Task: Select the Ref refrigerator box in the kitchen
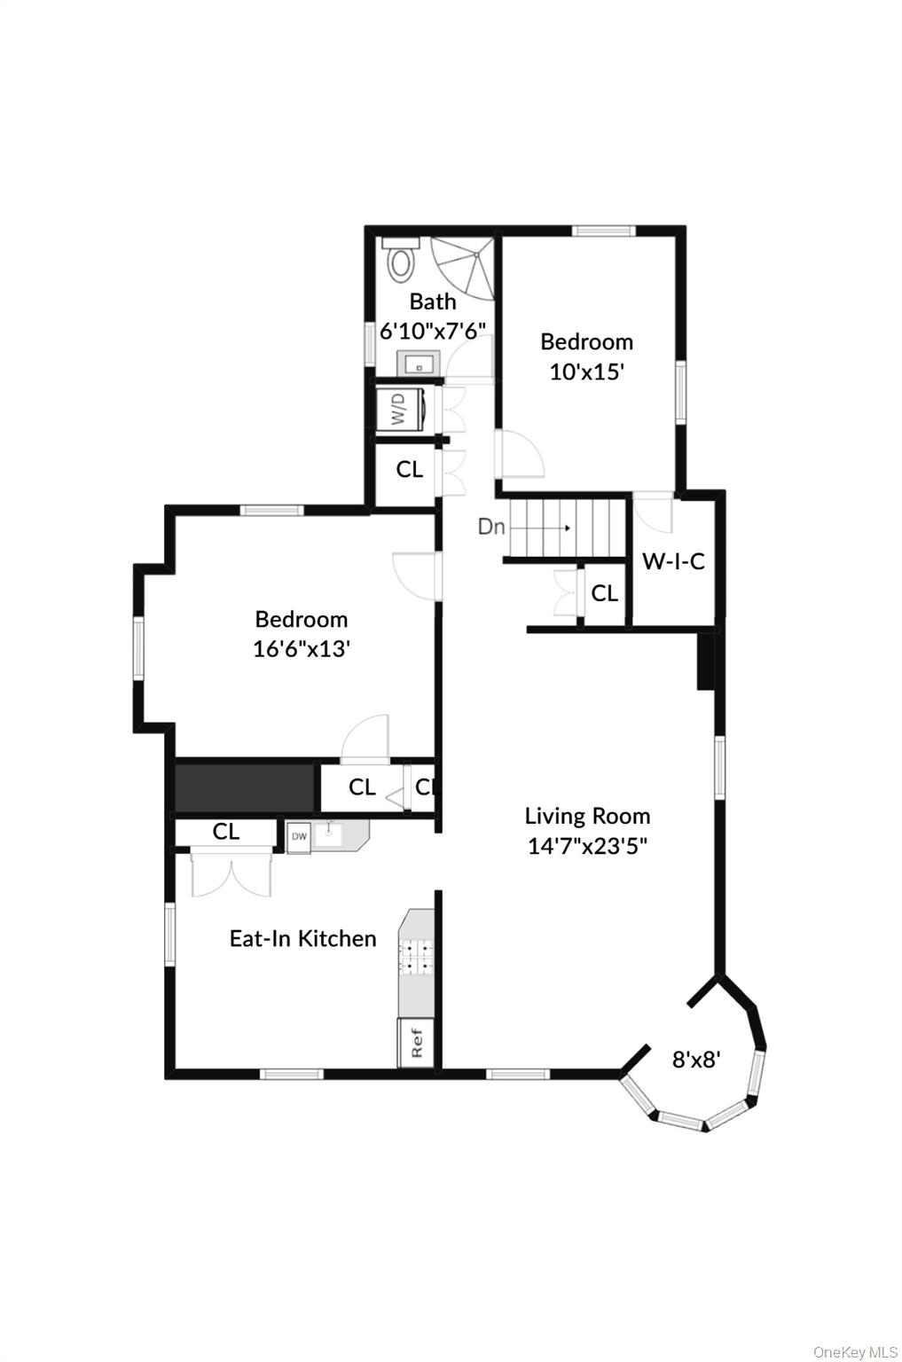(x=416, y=1042)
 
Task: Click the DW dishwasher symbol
(x=299, y=836)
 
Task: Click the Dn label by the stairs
(x=490, y=527)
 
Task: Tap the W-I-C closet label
(x=673, y=560)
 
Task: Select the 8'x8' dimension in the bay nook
(x=695, y=1059)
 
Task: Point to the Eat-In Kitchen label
(x=302, y=938)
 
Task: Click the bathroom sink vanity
(x=419, y=363)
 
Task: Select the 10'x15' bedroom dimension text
(x=587, y=372)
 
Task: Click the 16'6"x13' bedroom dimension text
(x=302, y=649)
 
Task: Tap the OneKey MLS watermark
(x=855, y=1351)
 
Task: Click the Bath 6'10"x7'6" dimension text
(x=433, y=331)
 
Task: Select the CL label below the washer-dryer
(x=409, y=469)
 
